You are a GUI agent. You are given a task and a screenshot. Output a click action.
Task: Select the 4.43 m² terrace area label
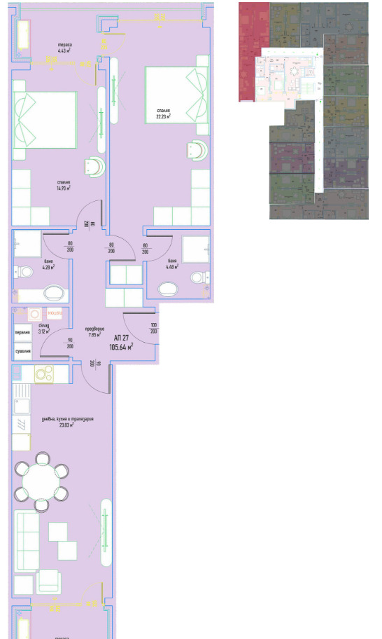click(66, 49)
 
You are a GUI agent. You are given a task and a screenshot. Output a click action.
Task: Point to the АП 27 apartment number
click(121, 337)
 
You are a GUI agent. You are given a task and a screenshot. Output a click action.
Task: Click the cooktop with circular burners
click(45, 373)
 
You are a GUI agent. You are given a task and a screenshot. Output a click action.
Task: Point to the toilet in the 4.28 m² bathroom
click(26, 272)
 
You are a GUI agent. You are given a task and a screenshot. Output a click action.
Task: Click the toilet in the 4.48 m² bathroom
click(199, 277)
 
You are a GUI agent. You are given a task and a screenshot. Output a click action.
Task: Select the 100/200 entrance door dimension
click(153, 328)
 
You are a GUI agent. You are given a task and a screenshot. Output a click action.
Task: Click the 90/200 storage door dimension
click(70, 343)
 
